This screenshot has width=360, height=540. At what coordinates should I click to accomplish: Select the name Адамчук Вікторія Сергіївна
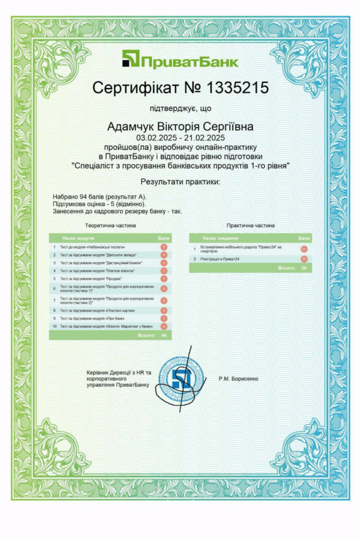coord(180,127)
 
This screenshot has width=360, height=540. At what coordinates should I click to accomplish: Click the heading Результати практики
coord(180,182)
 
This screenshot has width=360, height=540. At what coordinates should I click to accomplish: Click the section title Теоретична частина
coord(110,225)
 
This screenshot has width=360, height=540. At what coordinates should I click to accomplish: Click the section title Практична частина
coord(250,225)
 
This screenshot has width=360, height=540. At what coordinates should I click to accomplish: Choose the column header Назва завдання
coord(220,238)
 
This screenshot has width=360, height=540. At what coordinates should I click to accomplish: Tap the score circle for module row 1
coord(164,247)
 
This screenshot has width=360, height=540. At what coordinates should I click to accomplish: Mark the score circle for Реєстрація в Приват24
coord(304,259)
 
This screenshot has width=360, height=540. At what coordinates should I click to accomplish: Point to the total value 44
coord(164,335)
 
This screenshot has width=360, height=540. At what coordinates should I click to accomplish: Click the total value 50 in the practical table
coord(304,268)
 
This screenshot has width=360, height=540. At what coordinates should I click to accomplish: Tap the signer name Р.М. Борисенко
coord(238,379)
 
